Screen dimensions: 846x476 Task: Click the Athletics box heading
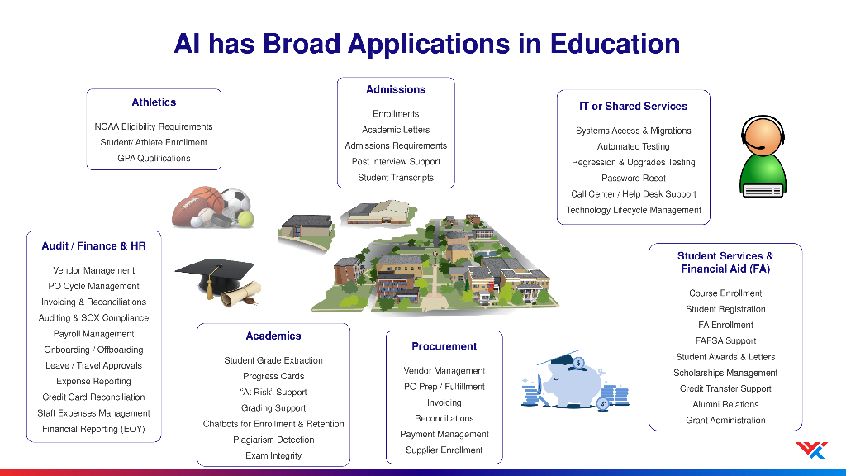point(154,102)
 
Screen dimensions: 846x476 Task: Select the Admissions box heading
point(396,89)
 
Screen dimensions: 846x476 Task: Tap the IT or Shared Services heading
point(633,107)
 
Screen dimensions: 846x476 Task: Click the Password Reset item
point(634,178)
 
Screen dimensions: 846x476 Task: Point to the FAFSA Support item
point(725,341)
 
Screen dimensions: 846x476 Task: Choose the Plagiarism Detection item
point(273,440)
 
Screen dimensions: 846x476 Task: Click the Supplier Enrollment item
point(444,450)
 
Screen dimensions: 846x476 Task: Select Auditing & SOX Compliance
point(93,318)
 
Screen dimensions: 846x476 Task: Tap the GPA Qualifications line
point(154,158)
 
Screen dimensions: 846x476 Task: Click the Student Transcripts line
point(396,178)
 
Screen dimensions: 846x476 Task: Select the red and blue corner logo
point(811,450)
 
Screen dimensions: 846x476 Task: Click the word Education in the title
point(615,44)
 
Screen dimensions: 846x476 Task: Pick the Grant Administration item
point(725,421)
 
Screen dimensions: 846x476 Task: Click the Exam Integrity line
point(273,455)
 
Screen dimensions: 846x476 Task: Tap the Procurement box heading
point(444,346)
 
